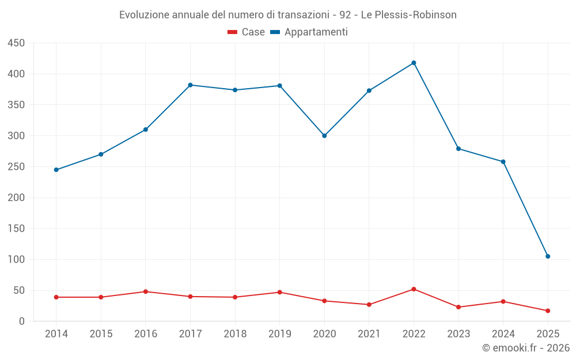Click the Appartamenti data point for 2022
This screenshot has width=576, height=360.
tap(414, 63)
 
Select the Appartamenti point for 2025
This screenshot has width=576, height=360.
tap(548, 256)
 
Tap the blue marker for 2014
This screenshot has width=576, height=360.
tap(56, 170)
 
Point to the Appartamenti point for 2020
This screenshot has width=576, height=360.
tap(324, 136)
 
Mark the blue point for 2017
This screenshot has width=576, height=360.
tap(190, 85)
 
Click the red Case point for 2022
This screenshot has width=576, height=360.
tap(414, 289)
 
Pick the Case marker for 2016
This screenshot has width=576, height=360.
tap(146, 291)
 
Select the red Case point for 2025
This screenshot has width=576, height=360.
tap(548, 311)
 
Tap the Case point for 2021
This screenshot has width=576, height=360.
tap(369, 305)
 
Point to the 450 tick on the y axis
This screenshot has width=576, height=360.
tap(16, 43)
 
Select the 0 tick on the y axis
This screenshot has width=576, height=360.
tap(22, 321)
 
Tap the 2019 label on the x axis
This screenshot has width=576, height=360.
tap(280, 334)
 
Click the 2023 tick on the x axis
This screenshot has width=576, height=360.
tap(458, 334)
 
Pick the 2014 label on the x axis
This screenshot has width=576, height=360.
tap(56, 334)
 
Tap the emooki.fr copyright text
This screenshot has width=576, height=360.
tap(526, 348)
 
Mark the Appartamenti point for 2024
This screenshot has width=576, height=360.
tap(503, 162)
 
